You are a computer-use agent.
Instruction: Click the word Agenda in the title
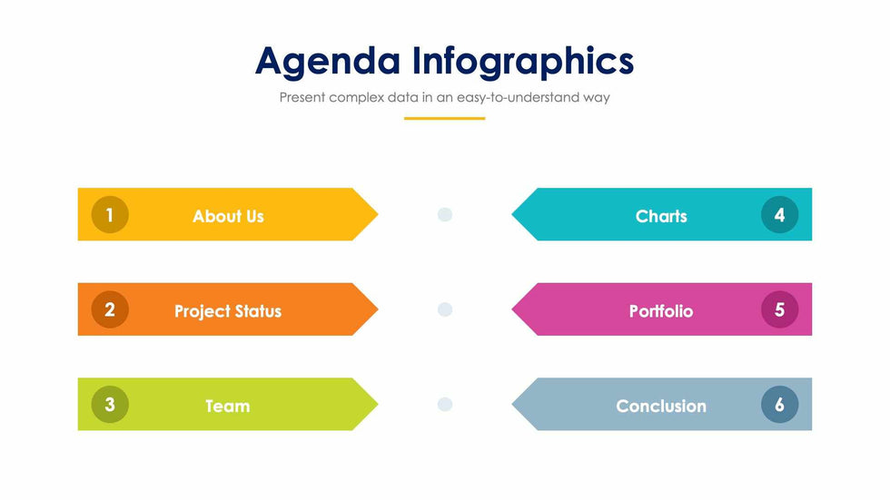pyautogui.click(x=328, y=62)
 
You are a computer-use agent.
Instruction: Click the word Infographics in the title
pyautogui.click(x=523, y=62)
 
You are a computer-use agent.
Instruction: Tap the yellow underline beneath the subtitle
pyautogui.click(x=444, y=119)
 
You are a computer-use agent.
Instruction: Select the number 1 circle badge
pyautogui.click(x=110, y=215)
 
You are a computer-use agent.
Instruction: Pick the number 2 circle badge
pyautogui.click(x=110, y=309)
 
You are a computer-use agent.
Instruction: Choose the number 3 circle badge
pyautogui.click(x=110, y=404)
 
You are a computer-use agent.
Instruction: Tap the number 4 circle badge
pyautogui.click(x=780, y=215)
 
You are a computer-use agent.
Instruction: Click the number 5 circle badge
pyautogui.click(x=780, y=309)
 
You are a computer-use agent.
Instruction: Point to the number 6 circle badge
pyautogui.click(x=780, y=404)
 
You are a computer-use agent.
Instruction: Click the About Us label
pyautogui.click(x=228, y=216)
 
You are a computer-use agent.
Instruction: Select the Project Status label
pyautogui.click(x=228, y=311)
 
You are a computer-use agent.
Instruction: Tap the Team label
pyautogui.click(x=228, y=406)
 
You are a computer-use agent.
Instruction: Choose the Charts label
pyautogui.click(x=661, y=216)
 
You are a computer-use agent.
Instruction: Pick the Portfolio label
pyautogui.click(x=661, y=311)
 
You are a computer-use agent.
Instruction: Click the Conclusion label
pyautogui.click(x=661, y=406)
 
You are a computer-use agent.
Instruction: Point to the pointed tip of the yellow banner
pyautogui.click(x=378, y=214)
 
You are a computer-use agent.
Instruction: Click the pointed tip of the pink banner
pyautogui.click(x=512, y=309)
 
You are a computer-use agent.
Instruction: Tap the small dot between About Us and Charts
pyautogui.click(x=445, y=214)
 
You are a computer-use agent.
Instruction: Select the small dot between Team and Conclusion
pyautogui.click(x=445, y=404)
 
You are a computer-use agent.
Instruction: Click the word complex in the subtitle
pyautogui.click(x=356, y=97)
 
